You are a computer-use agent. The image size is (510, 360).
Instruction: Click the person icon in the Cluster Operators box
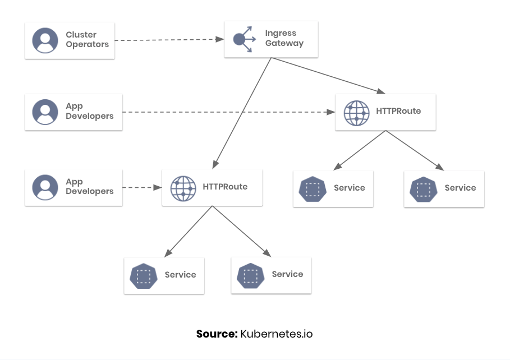click(45, 40)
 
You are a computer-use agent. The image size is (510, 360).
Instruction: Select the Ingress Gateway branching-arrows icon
click(244, 39)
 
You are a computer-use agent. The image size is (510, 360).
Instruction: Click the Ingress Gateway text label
click(284, 38)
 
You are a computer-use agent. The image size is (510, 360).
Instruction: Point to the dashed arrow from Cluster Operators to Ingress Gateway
click(168, 40)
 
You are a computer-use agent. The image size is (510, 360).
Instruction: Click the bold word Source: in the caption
click(217, 334)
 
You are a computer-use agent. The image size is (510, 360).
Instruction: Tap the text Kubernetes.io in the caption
click(277, 334)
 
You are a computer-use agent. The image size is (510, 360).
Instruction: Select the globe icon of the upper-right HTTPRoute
click(356, 113)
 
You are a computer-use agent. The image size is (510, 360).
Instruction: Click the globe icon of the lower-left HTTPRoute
click(183, 188)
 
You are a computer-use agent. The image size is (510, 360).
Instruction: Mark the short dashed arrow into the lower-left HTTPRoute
click(142, 187)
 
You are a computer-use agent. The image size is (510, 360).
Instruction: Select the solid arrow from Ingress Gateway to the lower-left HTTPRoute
click(242, 112)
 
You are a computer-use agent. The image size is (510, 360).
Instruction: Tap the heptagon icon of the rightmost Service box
click(424, 190)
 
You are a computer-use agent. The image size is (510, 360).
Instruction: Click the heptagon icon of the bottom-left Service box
click(144, 276)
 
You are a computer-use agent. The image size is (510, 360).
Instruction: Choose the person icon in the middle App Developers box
click(45, 112)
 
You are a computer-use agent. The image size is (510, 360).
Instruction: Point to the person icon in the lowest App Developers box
click(45, 187)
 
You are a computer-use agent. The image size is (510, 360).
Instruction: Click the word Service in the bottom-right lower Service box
click(287, 274)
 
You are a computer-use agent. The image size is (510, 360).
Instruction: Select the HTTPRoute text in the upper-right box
click(398, 111)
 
